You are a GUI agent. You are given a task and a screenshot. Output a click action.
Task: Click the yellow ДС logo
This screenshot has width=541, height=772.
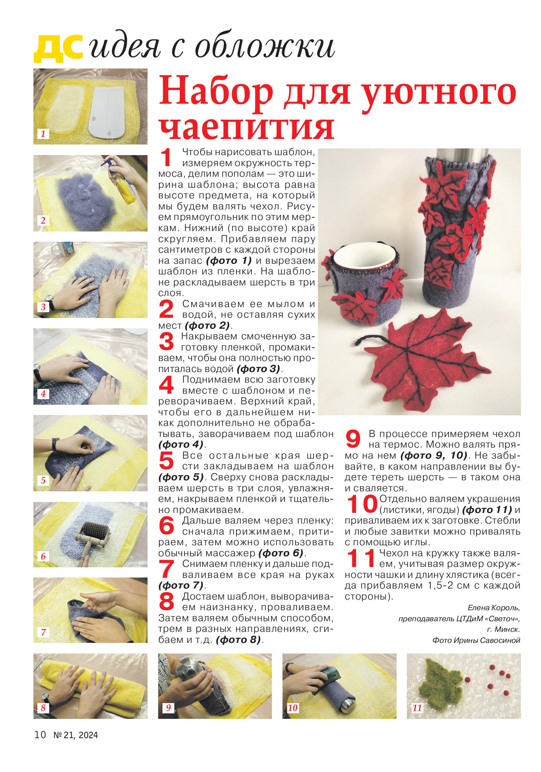coord(58,48)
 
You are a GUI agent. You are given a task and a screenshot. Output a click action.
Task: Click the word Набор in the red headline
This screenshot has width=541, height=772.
coord(216,92)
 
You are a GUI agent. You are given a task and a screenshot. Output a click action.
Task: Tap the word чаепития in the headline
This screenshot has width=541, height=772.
coord(246,127)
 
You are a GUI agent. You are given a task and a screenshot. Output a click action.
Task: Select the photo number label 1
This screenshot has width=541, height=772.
coord(43,133)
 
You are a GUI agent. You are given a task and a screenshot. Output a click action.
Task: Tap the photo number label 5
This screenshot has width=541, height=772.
coord(43,480)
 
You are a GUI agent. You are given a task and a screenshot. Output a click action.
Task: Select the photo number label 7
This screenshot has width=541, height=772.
coord(43,632)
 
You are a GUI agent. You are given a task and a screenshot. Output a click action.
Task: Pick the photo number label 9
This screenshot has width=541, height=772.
coord(168,707)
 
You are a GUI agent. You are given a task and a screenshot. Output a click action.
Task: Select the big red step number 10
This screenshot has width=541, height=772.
coord(362,504)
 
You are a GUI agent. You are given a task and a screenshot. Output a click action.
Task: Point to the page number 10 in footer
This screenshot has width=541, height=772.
coord(40,735)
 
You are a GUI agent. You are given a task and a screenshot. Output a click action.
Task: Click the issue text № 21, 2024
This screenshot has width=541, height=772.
coord(76,735)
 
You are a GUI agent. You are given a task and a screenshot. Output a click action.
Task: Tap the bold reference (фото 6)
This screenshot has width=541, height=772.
coord(281,553)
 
